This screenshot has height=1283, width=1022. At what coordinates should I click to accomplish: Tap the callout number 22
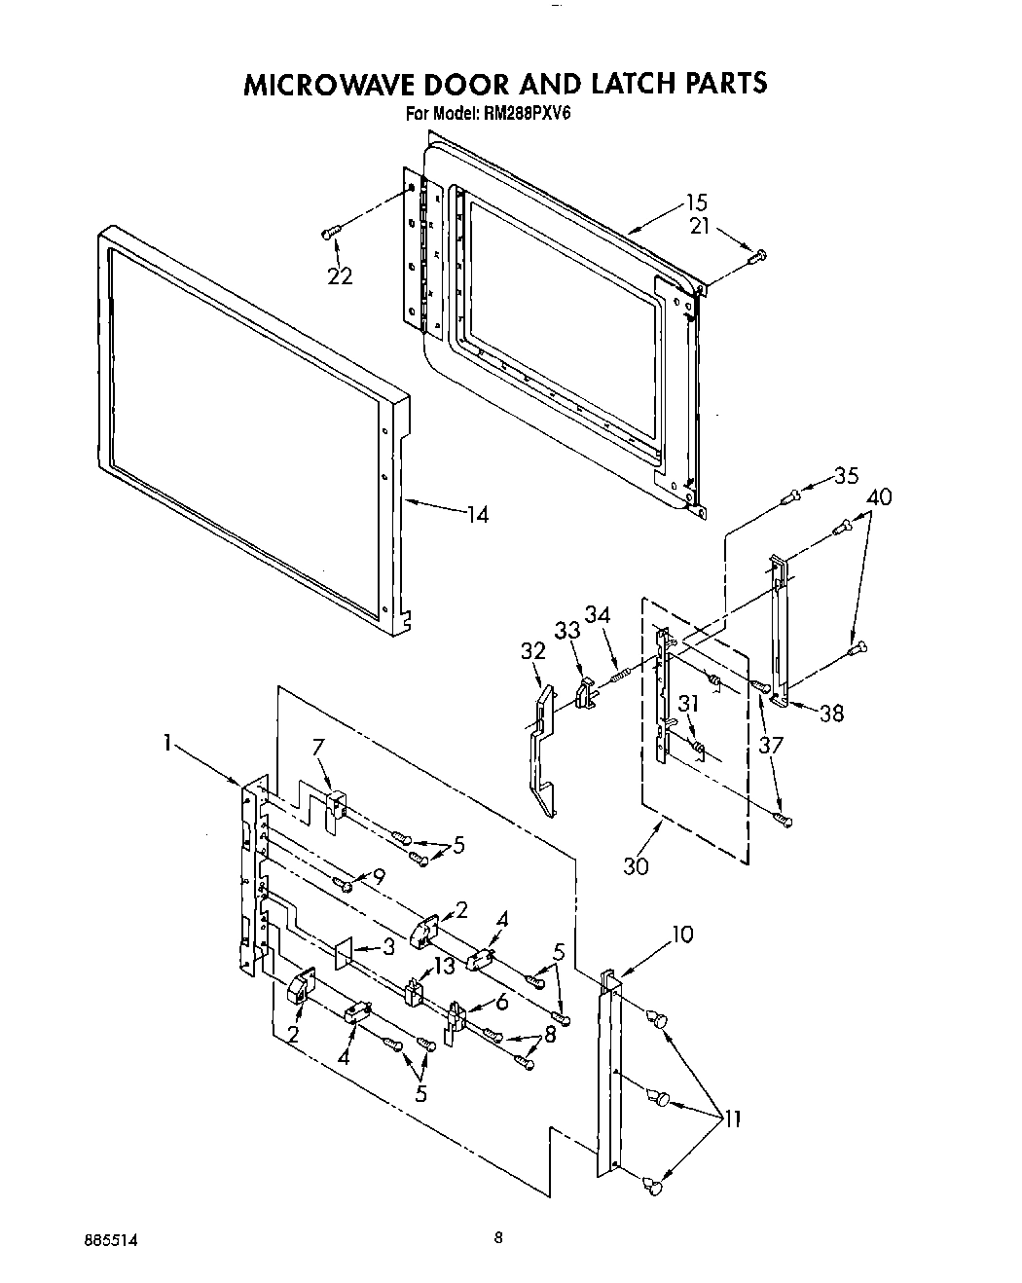(x=340, y=276)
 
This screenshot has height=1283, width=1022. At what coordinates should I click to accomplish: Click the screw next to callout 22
(x=331, y=231)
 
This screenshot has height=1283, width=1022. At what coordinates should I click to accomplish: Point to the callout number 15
(x=696, y=202)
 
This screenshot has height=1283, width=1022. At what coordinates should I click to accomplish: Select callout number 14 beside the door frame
(x=477, y=515)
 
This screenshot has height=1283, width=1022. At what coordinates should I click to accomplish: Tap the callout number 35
(x=846, y=475)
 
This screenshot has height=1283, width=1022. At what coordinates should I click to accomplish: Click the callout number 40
(x=879, y=496)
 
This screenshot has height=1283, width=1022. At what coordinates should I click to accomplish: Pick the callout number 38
(x=830, y=713)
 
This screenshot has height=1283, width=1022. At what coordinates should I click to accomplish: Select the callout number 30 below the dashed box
(x=636, y=864)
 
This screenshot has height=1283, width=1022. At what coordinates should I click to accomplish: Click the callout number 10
(x=682, y=935)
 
